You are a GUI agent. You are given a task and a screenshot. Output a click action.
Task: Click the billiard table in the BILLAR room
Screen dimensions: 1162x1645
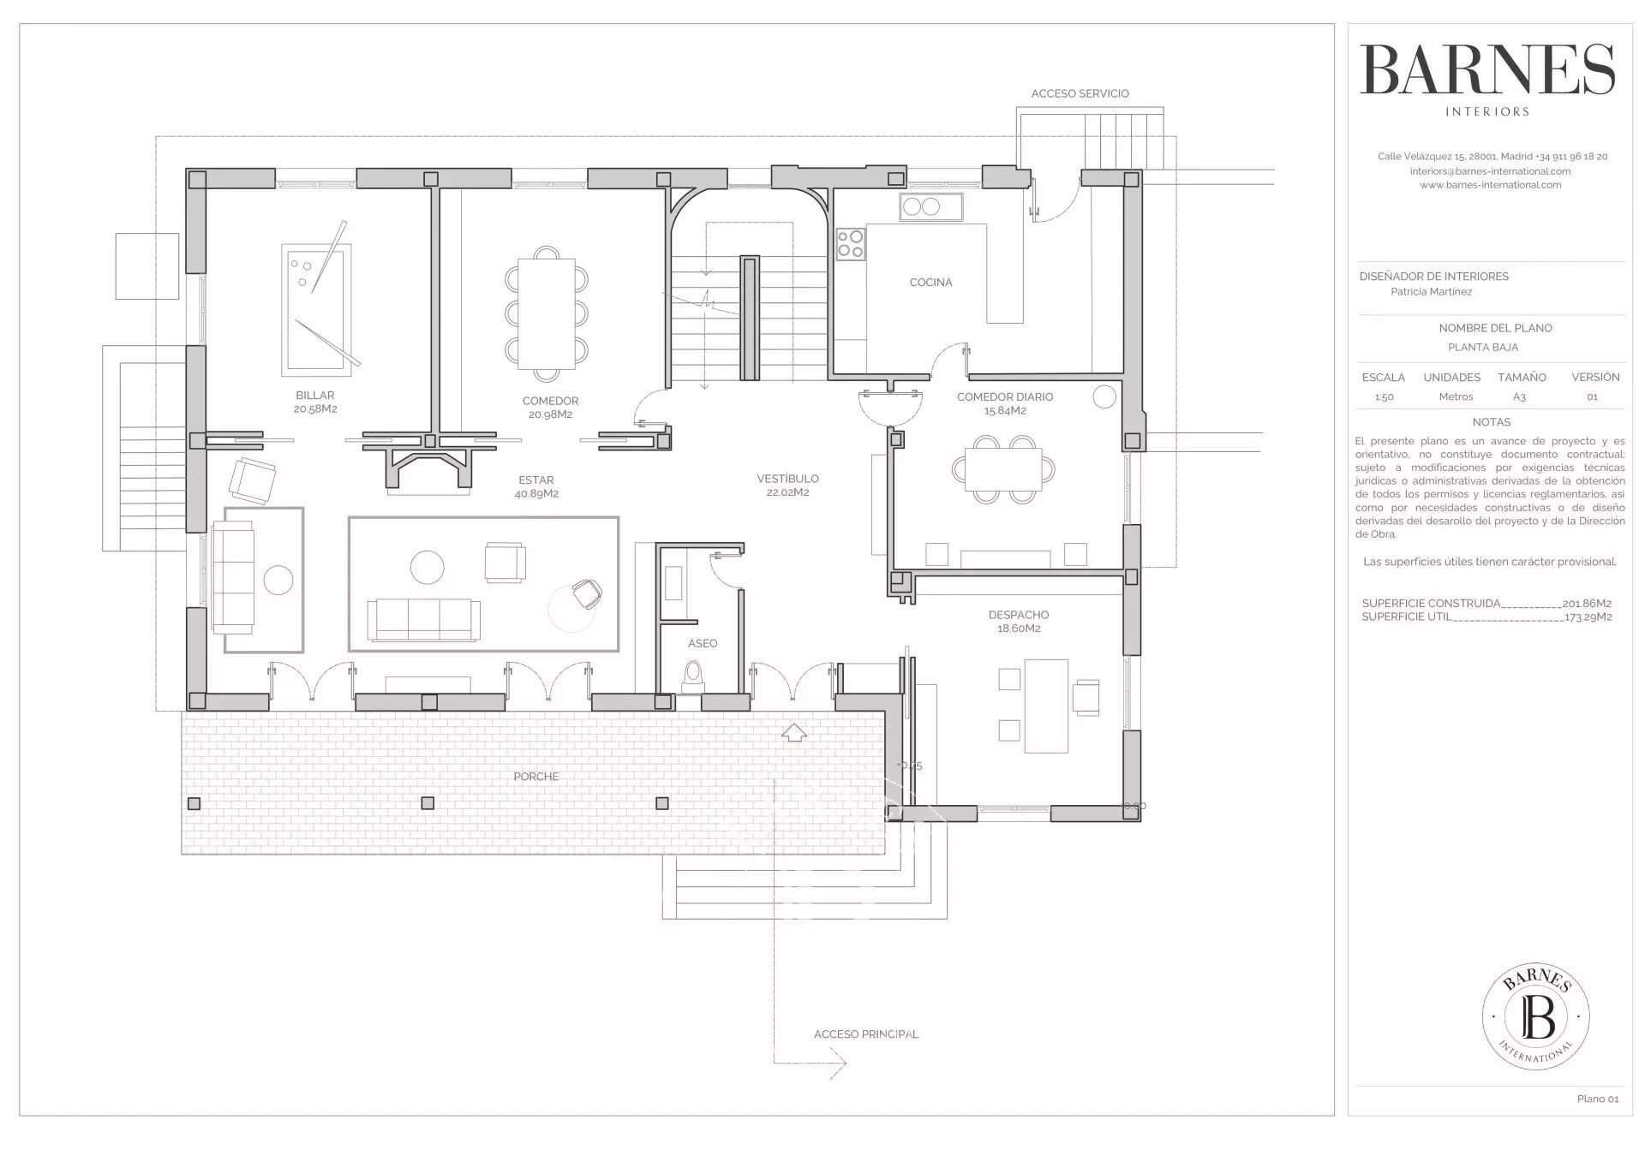pyautogui.click(x=316, y=310)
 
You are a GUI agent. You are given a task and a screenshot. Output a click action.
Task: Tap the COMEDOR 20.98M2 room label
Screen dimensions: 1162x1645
pyautogui.click(x=550, y=408)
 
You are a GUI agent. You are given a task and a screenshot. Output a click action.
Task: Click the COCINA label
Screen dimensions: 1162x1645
pyautogui.click(x=930, y=283)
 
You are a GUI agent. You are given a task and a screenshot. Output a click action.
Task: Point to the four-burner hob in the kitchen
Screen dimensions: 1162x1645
pyautogui.click(x=851, y=244)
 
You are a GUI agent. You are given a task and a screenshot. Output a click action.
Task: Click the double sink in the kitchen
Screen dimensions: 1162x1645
pyautogui.click(x=930, y=207)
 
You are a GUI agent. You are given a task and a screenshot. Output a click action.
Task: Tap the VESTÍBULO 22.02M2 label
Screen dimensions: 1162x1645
pyautogui.click(x=787, y=486)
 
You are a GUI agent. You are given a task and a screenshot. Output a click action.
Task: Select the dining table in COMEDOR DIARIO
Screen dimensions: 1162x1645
pyautogui.click(x=1002, y=469)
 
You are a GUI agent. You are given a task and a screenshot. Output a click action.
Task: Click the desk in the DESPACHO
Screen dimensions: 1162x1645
pyautogui.click(x=1046, y=706)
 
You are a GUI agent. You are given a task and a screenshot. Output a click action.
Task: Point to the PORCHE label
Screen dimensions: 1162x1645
pyautogui.click(x=535, y=777)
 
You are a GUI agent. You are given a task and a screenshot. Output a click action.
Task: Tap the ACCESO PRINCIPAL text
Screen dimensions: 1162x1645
pyautogui.click(x=865, y=1034)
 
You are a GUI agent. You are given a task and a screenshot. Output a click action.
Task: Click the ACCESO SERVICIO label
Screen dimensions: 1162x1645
pyautogui.click(x=1080, y=93)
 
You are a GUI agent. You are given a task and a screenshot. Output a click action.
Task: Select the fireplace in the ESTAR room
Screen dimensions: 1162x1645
pyautogui.click(x=429, y=469)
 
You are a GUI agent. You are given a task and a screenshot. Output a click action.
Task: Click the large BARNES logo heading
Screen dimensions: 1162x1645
pyautogui.click(x=1487, y=70)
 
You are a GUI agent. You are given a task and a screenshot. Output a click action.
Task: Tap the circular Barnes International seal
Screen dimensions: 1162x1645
pyautogui.click(x=1535, y=1016)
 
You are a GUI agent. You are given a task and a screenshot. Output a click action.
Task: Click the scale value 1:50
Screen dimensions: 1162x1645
pyautogui.click(x=1384, y=397)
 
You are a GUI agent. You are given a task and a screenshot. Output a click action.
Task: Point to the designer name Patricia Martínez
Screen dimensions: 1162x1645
pyautogui.click(x=1431, y=292)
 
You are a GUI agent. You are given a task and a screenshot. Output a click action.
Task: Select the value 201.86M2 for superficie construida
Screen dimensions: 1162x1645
pyautogui.click(x=1587, y=604)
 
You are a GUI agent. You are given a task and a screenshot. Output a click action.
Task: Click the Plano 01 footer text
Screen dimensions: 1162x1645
pyautogui.click(x=1597, y=1099)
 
